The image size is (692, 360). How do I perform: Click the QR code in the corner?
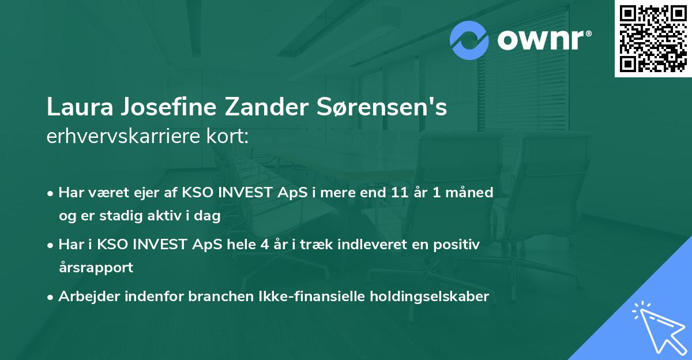click(x=653, y=39)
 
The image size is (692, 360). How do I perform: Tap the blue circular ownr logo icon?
click(x=469, y=40)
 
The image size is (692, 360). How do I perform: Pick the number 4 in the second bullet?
click(x=264, y=245)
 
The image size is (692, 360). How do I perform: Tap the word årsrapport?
click(x=96, y=268)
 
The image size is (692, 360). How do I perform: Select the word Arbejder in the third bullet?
click(x=85, y=297)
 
